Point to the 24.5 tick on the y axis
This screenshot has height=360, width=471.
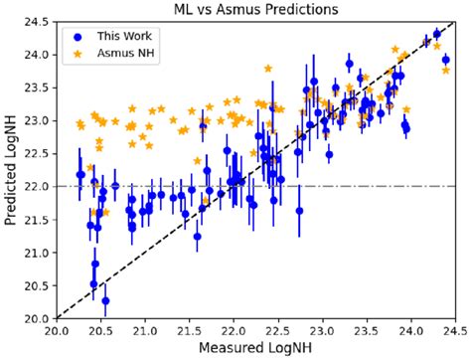point(40,20)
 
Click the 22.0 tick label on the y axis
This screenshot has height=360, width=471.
point(40,186)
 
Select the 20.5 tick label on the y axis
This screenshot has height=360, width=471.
point(40,285)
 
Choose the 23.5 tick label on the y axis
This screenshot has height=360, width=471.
point(40,87)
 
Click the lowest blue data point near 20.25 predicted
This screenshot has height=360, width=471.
point(105,300)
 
